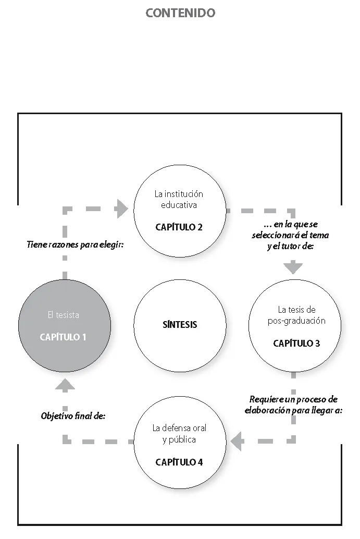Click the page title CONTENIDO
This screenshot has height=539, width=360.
(180, 14)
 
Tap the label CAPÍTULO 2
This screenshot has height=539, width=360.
(179, 227)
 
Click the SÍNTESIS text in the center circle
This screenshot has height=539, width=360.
(180, 324)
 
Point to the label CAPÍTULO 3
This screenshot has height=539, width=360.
(296, 343)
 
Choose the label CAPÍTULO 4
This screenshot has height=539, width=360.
(179, 462)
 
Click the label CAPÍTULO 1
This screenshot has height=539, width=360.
(63, 337)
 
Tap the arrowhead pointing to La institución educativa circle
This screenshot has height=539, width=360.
(121, 209)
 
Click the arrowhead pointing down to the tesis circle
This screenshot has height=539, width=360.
(293, 268)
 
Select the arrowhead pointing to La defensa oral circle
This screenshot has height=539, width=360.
(237, 442)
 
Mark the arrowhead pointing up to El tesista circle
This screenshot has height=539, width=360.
(65, 385)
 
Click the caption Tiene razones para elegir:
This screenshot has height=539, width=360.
(75, 244)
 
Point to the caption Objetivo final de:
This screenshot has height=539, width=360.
(73, 416)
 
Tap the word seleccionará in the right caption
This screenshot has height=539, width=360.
(280, 235)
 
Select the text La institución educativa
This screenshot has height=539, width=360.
(179, 199)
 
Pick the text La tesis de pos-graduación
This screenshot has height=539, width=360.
(296, 315)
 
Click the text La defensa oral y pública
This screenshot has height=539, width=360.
(179, 434)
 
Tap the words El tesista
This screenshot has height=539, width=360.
(63, 315)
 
